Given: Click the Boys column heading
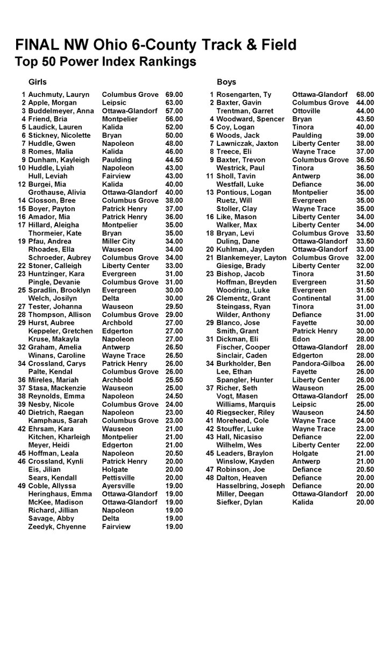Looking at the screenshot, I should coord(226,82).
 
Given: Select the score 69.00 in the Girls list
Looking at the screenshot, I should coord(174,94).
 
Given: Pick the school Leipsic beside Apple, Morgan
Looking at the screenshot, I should coord(115,102).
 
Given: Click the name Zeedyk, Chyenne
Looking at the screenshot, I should coord(57,526).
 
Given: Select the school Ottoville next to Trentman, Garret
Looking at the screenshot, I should coord(307,110).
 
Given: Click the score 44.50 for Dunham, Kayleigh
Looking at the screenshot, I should coord(174,159).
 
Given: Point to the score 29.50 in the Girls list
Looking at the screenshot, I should coord(174,306).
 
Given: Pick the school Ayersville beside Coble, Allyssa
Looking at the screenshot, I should coord(119,486).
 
